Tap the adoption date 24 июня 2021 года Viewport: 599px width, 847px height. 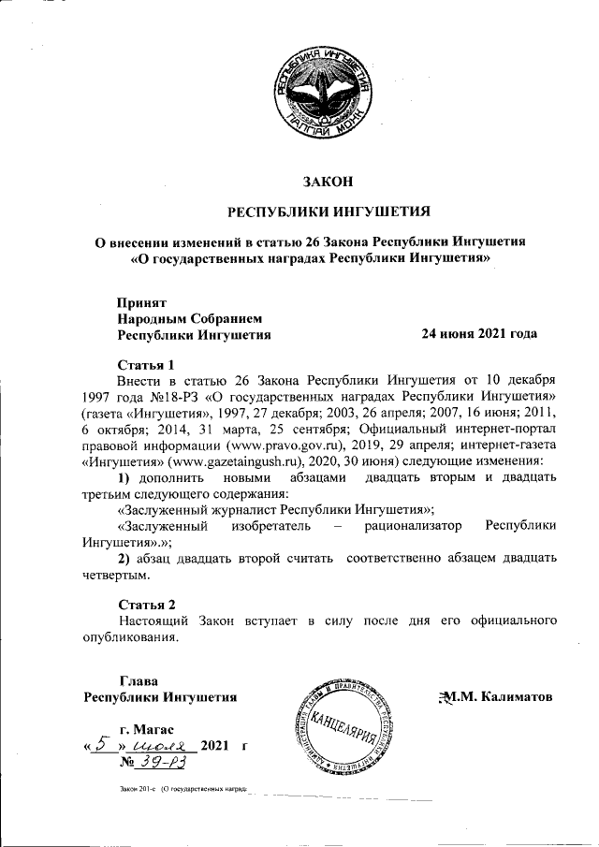[479, 333]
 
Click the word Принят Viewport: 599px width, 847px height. [141, 302]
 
